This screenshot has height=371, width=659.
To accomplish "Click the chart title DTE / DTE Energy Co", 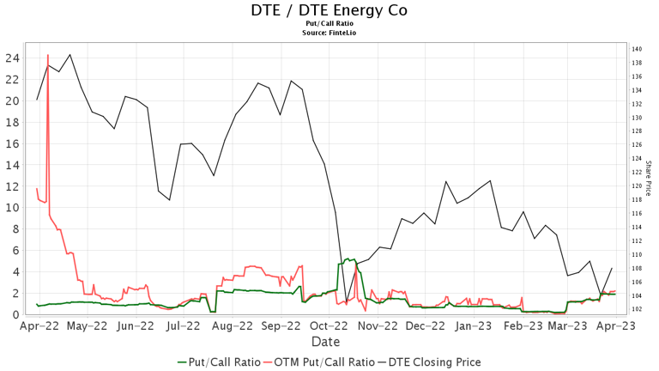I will click(x=329, y=10).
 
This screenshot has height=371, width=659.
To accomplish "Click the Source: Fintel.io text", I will click(x=329, y=33).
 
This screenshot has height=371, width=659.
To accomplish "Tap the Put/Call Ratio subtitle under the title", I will click(x=329, y=25).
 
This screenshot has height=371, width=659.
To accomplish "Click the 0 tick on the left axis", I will click(x=15, y=315).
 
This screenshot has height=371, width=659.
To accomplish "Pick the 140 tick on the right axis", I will click(x=637, y=49).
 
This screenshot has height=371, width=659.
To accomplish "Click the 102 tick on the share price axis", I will click(x=637, y=309).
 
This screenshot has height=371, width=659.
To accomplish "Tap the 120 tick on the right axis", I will click(x=637, y=186).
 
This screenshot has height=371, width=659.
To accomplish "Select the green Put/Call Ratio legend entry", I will click(x=219, y=362).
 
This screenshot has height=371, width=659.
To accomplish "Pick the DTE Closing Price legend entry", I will click(x=429, y=362).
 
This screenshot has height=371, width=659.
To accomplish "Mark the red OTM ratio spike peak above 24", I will click(x=47, y=55).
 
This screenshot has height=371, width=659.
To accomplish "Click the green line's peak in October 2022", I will click(x=347, y=258).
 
